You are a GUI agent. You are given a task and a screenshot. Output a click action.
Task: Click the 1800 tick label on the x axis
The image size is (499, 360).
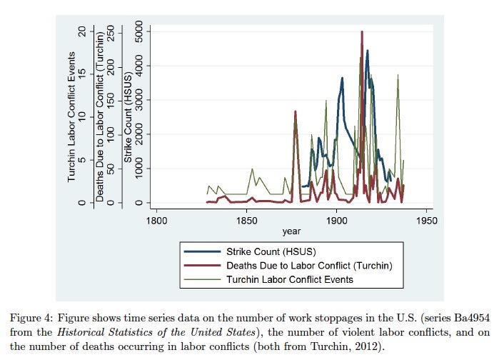click(x=156, y=221)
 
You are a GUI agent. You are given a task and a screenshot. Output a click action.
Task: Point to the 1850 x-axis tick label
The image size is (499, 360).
click(x=246, y=221)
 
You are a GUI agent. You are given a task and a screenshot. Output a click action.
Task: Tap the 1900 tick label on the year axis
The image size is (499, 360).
click(x=336, y=221)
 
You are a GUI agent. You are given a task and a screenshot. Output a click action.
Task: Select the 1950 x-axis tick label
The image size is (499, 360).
click(x=427, y=221)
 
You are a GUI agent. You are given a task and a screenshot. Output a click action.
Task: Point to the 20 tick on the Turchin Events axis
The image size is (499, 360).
click(x=84, y=31)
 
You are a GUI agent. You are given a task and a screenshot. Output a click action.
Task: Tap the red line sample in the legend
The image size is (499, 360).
click(x=202, y=266)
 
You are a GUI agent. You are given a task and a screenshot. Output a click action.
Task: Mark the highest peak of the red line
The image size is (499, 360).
click(x=362, y=31)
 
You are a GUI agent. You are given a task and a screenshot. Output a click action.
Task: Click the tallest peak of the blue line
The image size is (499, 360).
click(x=368, y=51)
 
